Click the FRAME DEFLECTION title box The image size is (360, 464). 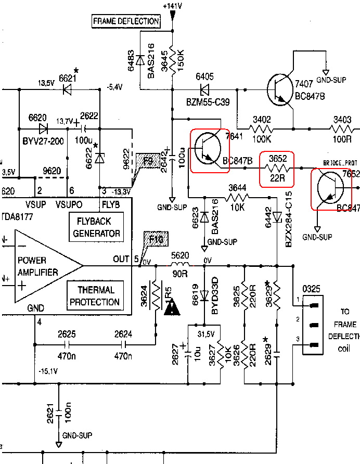125,21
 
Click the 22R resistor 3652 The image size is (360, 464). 277,169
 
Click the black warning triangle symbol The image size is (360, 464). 172,308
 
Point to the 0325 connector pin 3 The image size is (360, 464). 313,345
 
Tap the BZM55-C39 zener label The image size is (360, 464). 208,99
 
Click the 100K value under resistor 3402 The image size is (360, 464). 260,139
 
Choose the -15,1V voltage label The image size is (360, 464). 48,371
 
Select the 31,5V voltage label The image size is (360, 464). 207,333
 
